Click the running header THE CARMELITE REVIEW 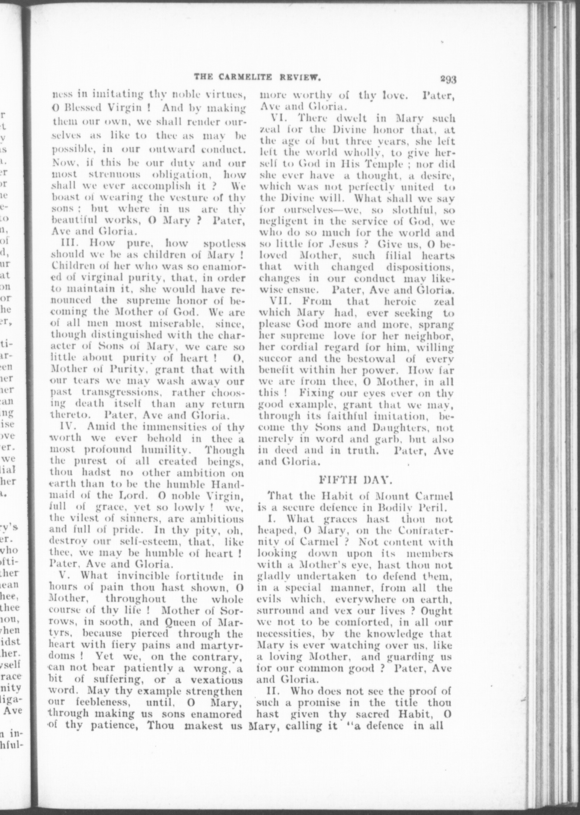(257, 76)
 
